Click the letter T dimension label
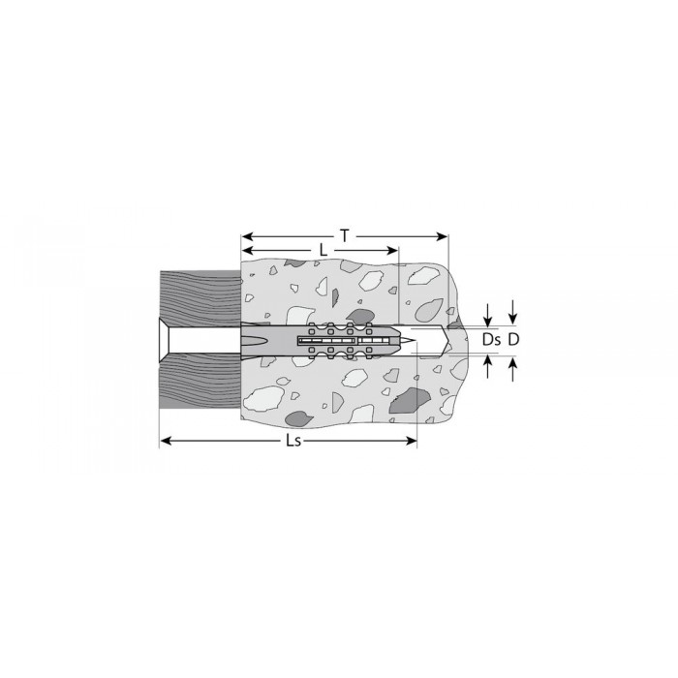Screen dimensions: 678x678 click(x=345, y=236)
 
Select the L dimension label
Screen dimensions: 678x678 click(x=323, y=250)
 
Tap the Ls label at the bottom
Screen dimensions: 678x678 click(x=293, y=441)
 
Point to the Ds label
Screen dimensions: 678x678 click(x=492, y=340)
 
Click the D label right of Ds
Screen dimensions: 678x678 click(x=513, y=340)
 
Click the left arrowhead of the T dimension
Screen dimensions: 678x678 click(x=246, y=236)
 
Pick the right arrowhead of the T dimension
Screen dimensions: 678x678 click(x=443, y=236)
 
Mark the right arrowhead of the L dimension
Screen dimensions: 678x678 click(x=392, y=250)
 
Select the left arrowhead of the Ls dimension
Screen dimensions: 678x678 click(x=166, y=441)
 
